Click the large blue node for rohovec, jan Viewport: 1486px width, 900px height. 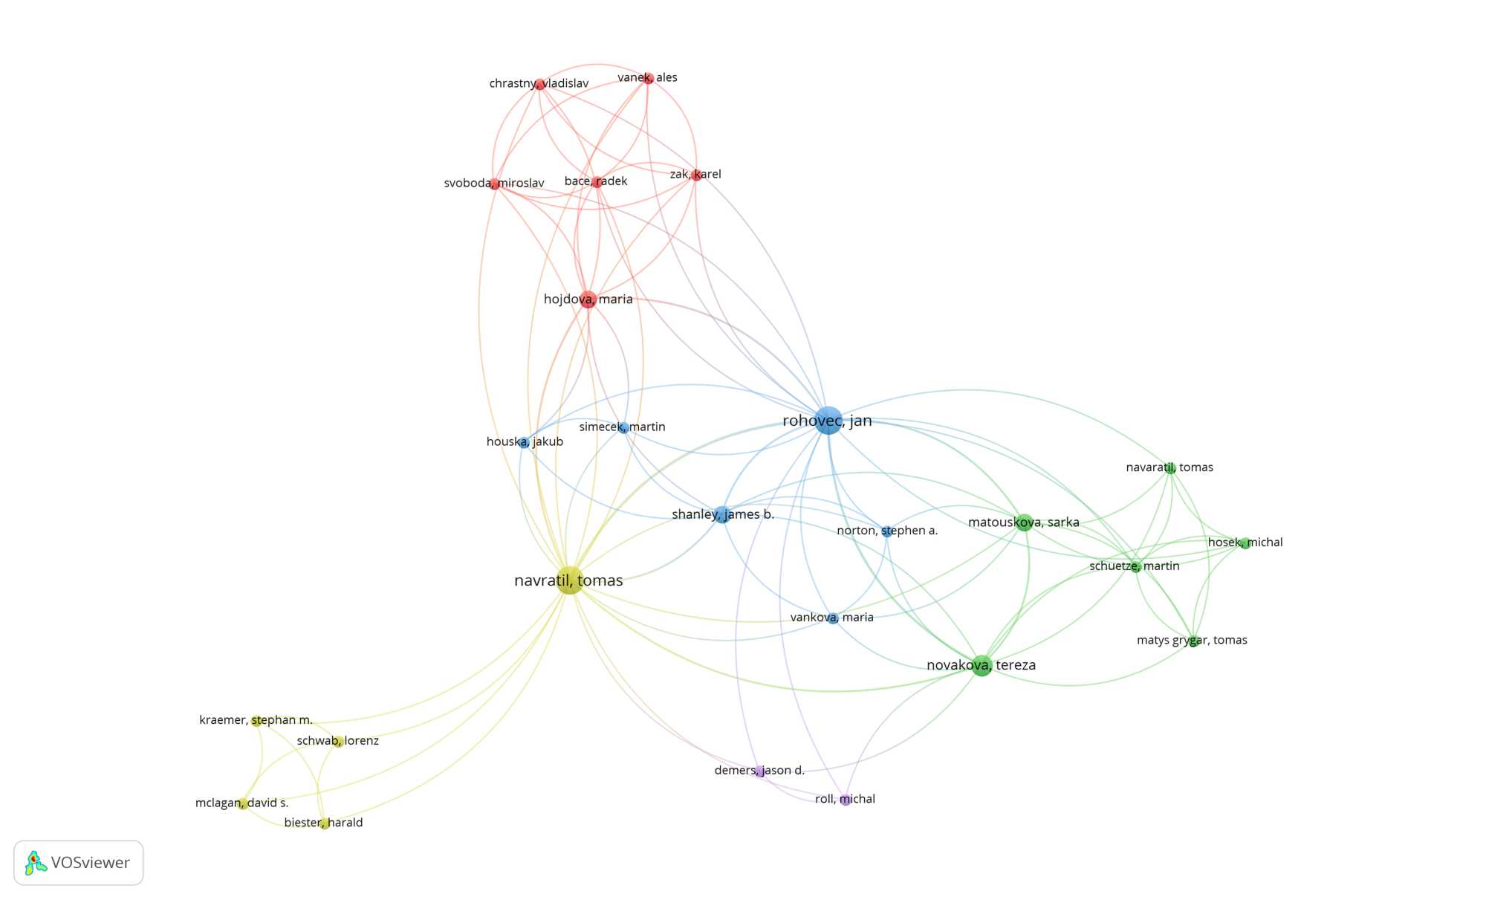pos(828,421)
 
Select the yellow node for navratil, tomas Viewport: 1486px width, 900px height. pos(569,580)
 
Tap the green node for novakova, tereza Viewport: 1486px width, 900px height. pos(982,665)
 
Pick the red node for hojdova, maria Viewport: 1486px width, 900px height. pos(588,300)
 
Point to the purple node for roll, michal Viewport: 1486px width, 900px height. pos(846,800)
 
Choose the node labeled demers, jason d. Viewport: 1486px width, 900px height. pos(759,771)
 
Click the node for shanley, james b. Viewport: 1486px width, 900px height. pos(722,514)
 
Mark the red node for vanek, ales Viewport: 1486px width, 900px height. pos(648,78)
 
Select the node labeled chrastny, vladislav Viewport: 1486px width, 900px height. pos(539,84)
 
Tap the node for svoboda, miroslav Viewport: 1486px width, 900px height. pos(494,184)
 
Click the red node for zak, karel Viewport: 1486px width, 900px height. pos(695,175)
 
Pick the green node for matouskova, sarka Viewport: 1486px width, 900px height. pos(1024,522)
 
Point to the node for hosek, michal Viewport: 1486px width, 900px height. pos(1245,543)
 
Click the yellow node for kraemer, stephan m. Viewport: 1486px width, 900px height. pos(256,721)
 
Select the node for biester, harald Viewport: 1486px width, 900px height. pos(325,823)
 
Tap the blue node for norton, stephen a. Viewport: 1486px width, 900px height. pos(886,531)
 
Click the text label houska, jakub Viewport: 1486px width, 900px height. pos(525,441)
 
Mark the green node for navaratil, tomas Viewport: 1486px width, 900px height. pos(1170,468)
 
